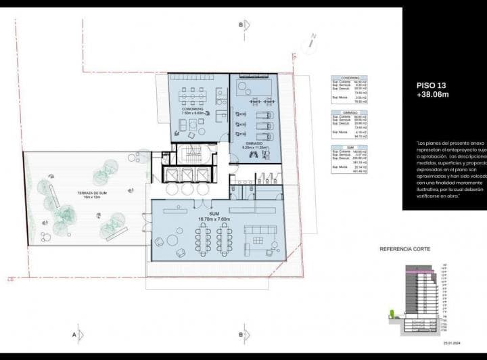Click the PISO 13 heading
tap(431, 85)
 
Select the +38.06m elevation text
tap(433, 96)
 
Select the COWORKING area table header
tap(350, 78)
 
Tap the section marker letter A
tap(73, 334)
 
